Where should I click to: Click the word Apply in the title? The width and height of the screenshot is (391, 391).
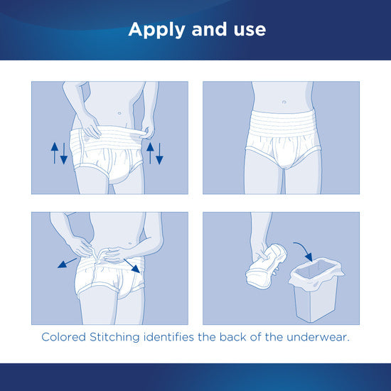(151, 30)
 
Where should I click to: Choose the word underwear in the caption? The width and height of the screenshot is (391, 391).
(321, 337)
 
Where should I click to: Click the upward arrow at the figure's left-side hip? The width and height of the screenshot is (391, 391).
(54, 152)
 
